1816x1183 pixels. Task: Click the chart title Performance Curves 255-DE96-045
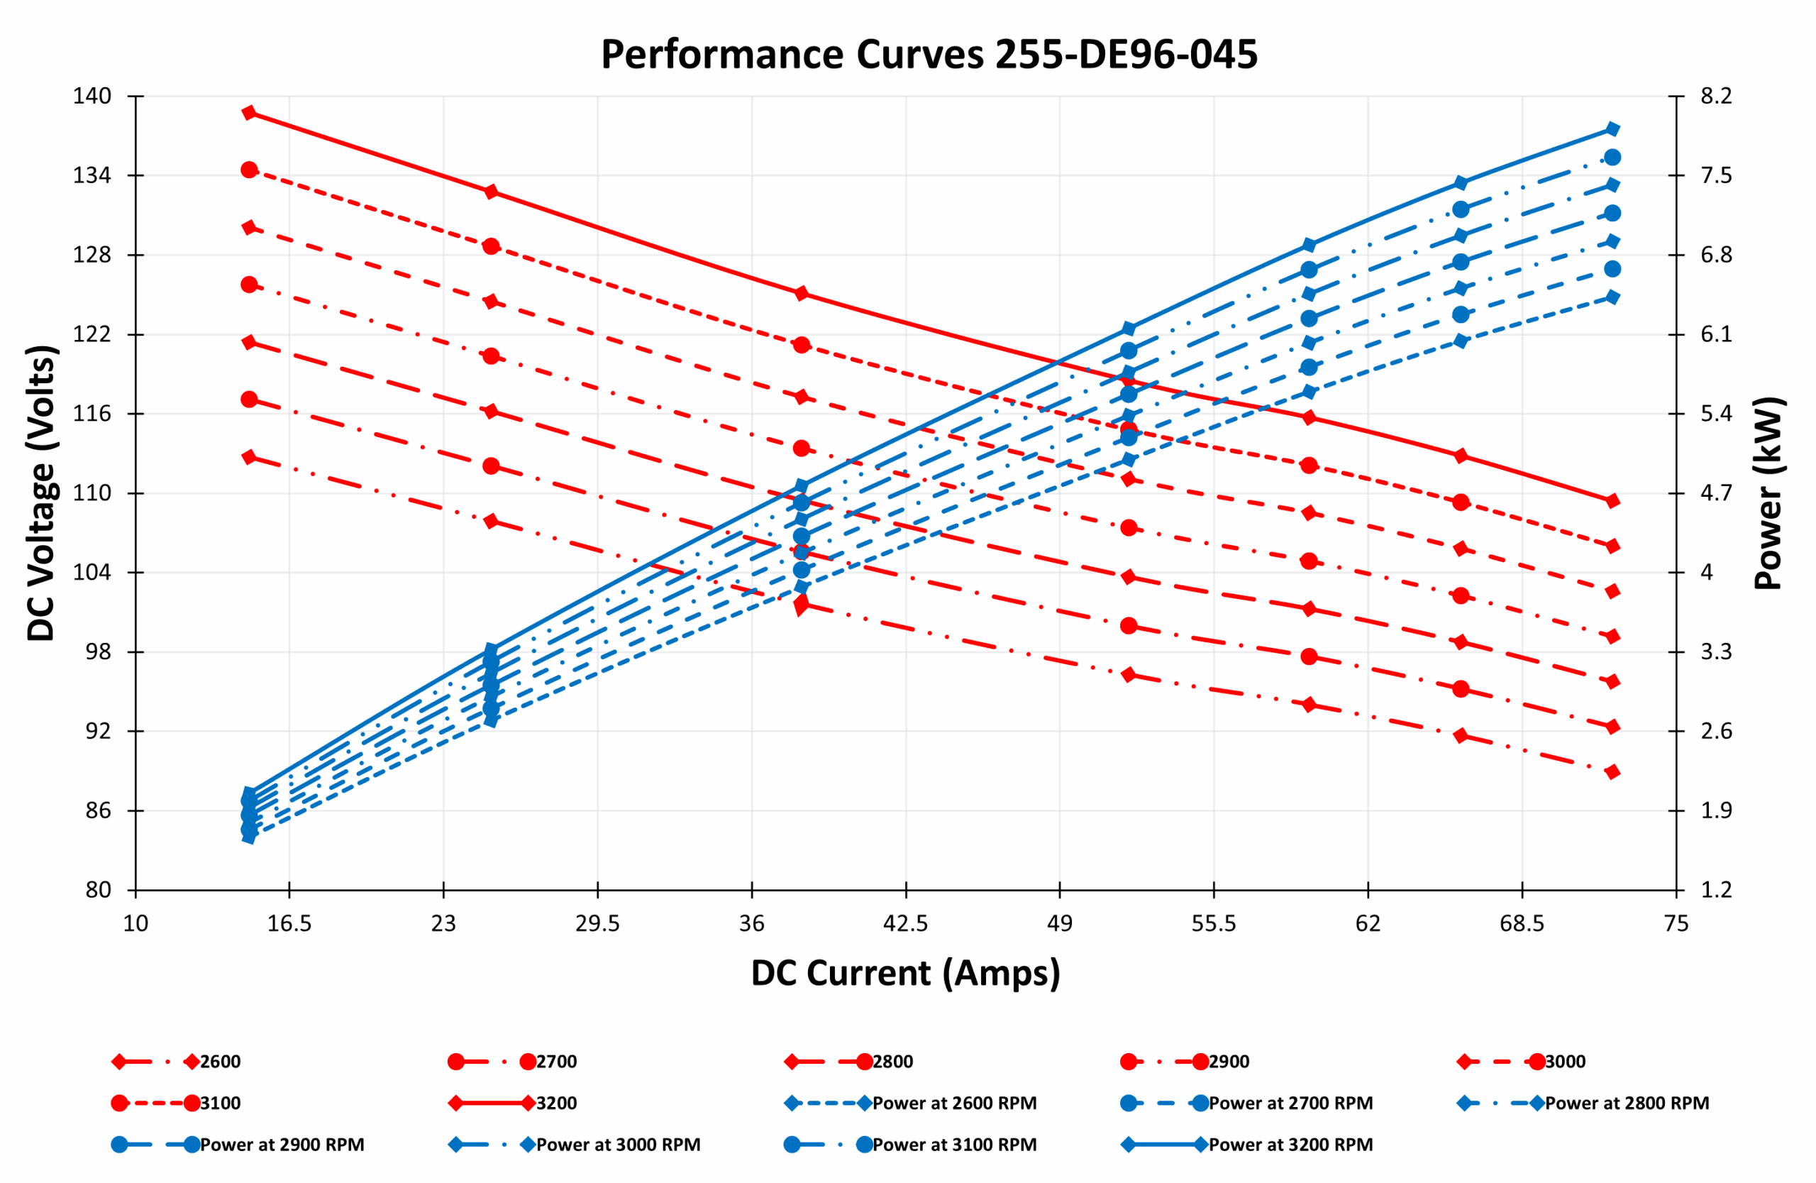pyautogui.click(x=929, y=55)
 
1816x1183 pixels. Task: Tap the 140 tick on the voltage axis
pyautogui.click(x=92, y=97)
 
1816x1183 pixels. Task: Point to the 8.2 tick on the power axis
pyautogui.click(x=1716, y=97)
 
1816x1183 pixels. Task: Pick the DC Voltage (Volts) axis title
pyautogui.click(x=42, y=493)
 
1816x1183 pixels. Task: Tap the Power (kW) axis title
pyautogui.click(x=1768, y=493)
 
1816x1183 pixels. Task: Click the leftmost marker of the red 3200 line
pyautogui.click(x=249, y=113)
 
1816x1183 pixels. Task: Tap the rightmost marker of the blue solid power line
pyautogui.click(x=1612, y=129)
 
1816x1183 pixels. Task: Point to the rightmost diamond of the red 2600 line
pyautogui.click(x=1612, y=772)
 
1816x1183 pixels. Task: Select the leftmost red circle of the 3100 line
pyautogui.click(x=249, y=170)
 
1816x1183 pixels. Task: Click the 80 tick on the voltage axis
pyautogui.click(x=98, y=890)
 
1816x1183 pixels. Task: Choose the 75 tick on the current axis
pyautogui.click(x=1676, y=924)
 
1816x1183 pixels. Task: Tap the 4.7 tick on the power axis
pyautogui.click(x=1716, y=493)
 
